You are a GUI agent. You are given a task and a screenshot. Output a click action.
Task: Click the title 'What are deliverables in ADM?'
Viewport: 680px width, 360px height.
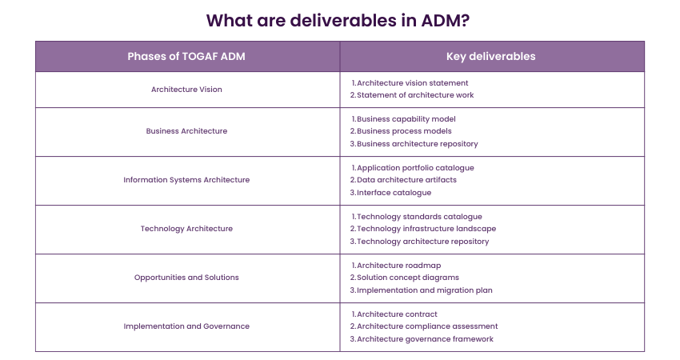(x=339, y=20)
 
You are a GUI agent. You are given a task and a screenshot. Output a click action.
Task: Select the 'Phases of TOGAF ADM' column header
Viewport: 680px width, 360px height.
(x=186, y=57)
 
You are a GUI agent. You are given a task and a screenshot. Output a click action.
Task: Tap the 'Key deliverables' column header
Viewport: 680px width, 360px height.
(x=491, y=57)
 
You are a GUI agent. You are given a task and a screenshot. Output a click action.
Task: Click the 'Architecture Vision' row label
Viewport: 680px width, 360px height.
(x=186, y=90)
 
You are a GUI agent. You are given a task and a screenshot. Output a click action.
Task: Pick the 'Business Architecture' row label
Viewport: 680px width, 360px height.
(x=186, y=131)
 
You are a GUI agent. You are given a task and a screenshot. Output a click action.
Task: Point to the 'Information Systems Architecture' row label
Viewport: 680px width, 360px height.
(x=186, y=180)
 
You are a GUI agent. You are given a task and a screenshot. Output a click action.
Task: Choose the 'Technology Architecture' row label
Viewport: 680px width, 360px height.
(x=186, y=229)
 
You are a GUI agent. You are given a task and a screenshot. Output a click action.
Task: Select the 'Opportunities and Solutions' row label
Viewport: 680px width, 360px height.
(x=186, y=278)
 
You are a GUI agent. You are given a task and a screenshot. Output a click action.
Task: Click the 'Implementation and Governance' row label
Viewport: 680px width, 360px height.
(x=186, y=326)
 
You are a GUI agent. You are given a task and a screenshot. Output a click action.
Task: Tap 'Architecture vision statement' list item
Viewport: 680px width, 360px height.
(x=412, y=82)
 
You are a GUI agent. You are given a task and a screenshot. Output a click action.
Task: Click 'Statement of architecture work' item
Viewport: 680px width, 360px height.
(x=415, y=95)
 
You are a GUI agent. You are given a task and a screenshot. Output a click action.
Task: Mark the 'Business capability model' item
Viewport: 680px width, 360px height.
(x=406, y=119)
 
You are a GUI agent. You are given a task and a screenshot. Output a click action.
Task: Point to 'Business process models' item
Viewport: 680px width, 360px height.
(x=404, y=131)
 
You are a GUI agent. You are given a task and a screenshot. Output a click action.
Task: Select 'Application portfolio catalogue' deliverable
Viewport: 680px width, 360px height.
(x=415, y=168)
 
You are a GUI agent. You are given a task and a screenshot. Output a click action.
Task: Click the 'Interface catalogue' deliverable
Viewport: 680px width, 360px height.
(x=394, y=192)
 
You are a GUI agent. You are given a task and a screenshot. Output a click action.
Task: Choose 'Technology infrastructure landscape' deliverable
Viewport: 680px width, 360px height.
(x=426, y=229)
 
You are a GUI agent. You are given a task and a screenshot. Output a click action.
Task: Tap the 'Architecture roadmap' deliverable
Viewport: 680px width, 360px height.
(x=398, y=266)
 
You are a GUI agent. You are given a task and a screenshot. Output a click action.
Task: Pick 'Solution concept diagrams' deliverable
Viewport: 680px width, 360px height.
(x=408, y=278)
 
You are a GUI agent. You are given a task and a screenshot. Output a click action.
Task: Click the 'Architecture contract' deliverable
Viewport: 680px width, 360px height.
(x=397, y=314)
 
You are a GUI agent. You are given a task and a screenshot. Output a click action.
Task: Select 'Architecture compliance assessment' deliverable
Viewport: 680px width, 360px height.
(x=427, y=326)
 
